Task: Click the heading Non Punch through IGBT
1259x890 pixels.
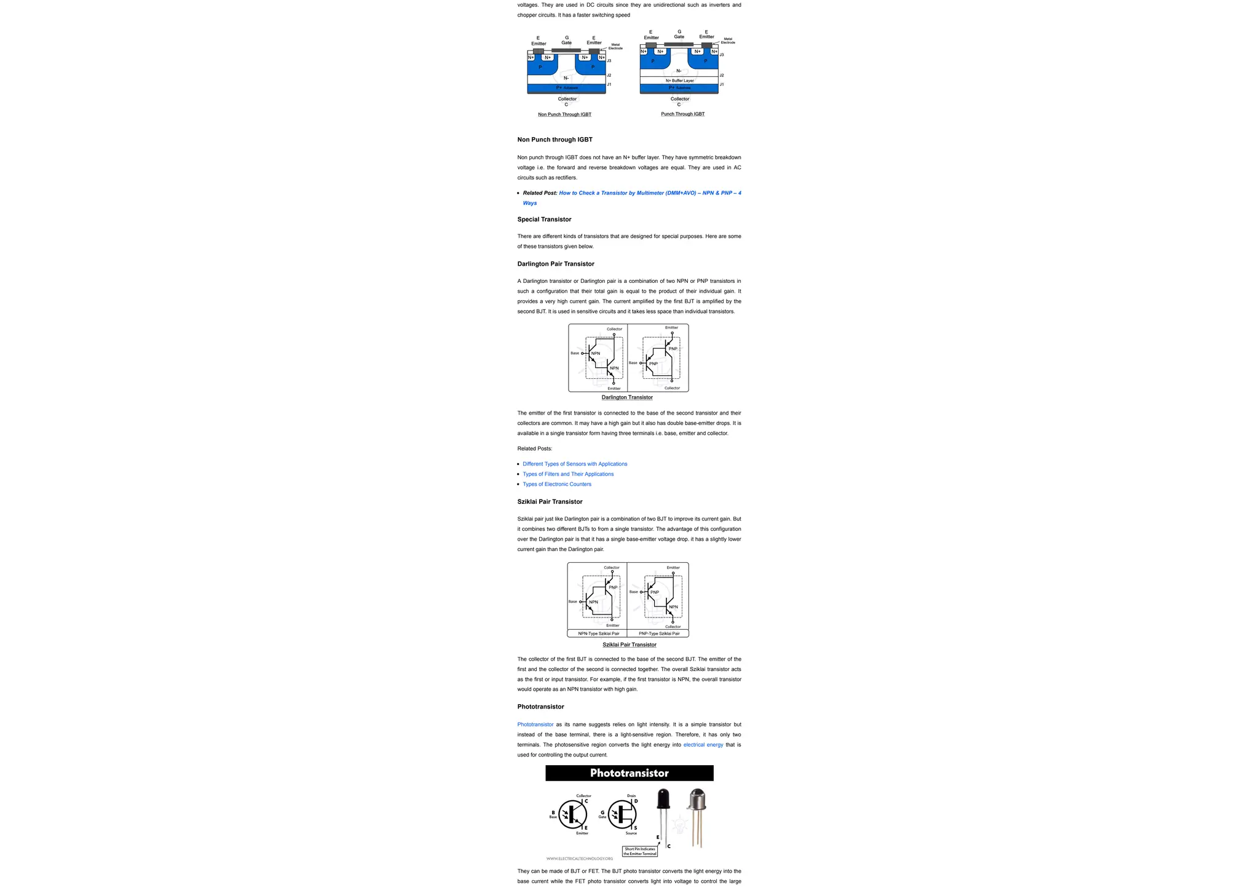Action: click(x=555, y=140)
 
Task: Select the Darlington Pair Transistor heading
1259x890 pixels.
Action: click(x=555, y=264)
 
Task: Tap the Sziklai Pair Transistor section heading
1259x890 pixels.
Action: click(x=550, y=502)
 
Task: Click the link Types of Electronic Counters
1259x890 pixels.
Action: click(x=556, y=484)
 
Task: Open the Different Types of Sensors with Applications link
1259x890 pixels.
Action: click(x=574, y=464)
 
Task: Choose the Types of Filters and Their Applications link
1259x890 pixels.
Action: click(x=567, y=474)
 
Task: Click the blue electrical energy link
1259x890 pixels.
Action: click(x=703, y=745)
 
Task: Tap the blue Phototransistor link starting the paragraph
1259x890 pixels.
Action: click(x=535, y=725)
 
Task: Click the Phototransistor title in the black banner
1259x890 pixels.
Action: click(x=629, y=773)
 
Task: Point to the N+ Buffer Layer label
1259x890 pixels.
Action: click(x=679, y=81)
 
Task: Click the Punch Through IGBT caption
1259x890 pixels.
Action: click(x=682, y=114)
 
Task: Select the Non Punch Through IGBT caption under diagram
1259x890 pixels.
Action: click(x=564, y=114)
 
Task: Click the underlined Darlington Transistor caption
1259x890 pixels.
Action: click(x=627, y=397)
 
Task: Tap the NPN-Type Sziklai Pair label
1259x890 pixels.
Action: click(x=598, y=634)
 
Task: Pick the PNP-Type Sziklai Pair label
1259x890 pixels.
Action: click(x=658, y=634)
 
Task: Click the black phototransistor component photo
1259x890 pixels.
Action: click(x=663, y=800)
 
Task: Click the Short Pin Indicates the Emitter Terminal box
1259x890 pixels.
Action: click(x=639, y=851)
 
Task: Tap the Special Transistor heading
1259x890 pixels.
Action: click(x=544, y=220)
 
